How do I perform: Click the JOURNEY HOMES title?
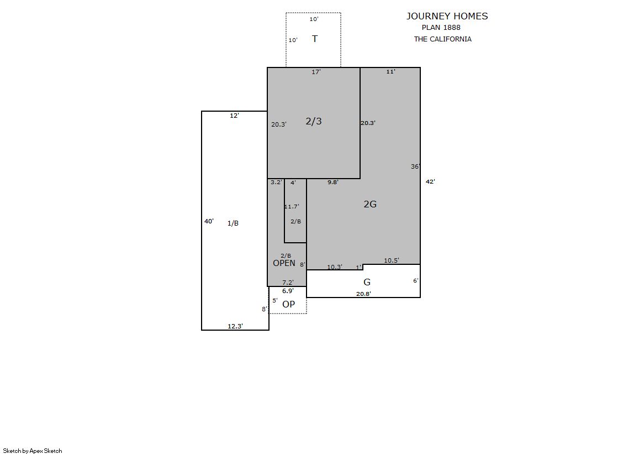(x=447, y=16)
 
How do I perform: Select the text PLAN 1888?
(x=441, y=28)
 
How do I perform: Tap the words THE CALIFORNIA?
(x=442, y=39)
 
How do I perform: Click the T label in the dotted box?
(x=315, y=39)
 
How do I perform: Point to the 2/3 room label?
(x=314, y=121)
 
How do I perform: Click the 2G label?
(x=370, y=204)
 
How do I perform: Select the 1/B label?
(x=233, y=223)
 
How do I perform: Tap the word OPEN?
(x=284, y=263)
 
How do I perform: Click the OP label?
(x=288, y=304)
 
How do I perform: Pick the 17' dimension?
(x=316, y=72)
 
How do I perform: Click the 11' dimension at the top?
(x=390, y=71)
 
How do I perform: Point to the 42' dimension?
(x=430, y=181)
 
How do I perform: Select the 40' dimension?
(x=209, y=221)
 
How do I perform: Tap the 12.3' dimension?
(x=235, y=326)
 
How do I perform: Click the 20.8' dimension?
(x=363, y=294)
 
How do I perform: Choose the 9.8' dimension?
(x=333, y=182)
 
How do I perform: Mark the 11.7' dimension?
(x=292, y=206)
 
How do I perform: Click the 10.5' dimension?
(x=392, y=260)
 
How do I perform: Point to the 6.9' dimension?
(x=288, y=291)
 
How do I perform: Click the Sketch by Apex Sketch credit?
(x=33, y=451)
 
